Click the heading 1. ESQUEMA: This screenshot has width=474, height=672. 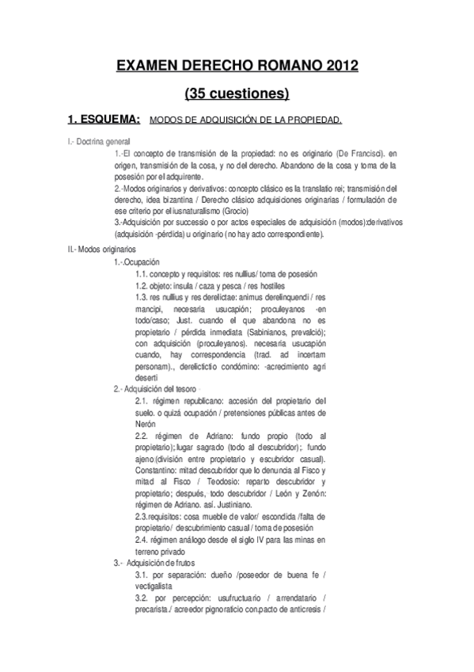coord(104,120)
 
